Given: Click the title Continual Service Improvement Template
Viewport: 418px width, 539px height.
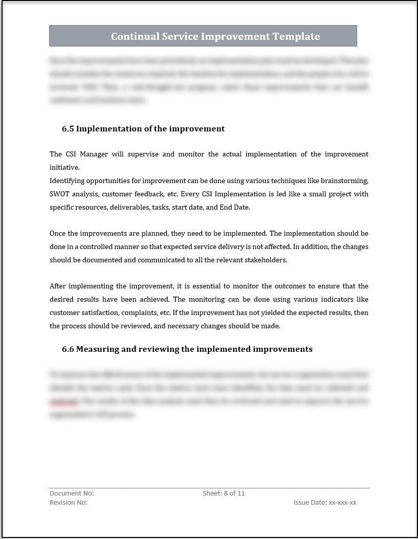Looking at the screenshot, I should click(x=215, y=36).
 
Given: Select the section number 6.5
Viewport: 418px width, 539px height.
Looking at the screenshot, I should click(x=68, y=129).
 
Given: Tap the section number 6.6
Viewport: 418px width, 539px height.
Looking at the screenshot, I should click(x=68, y=349).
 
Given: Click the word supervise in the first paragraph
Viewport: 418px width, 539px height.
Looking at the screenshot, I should click(x=140, y=154).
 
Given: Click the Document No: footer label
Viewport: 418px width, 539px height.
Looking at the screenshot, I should click(x=72, y=493).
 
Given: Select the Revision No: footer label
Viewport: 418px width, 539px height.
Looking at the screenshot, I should click(x=68, y=503).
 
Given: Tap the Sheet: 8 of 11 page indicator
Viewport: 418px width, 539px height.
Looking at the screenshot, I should click(x=224, y=493).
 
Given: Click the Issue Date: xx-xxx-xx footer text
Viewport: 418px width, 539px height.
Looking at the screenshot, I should click(x=324, y=503).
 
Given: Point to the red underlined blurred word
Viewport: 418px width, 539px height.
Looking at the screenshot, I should click(x=63, y=401).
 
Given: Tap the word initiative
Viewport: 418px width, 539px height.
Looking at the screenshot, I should click(x=64, y=167).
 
